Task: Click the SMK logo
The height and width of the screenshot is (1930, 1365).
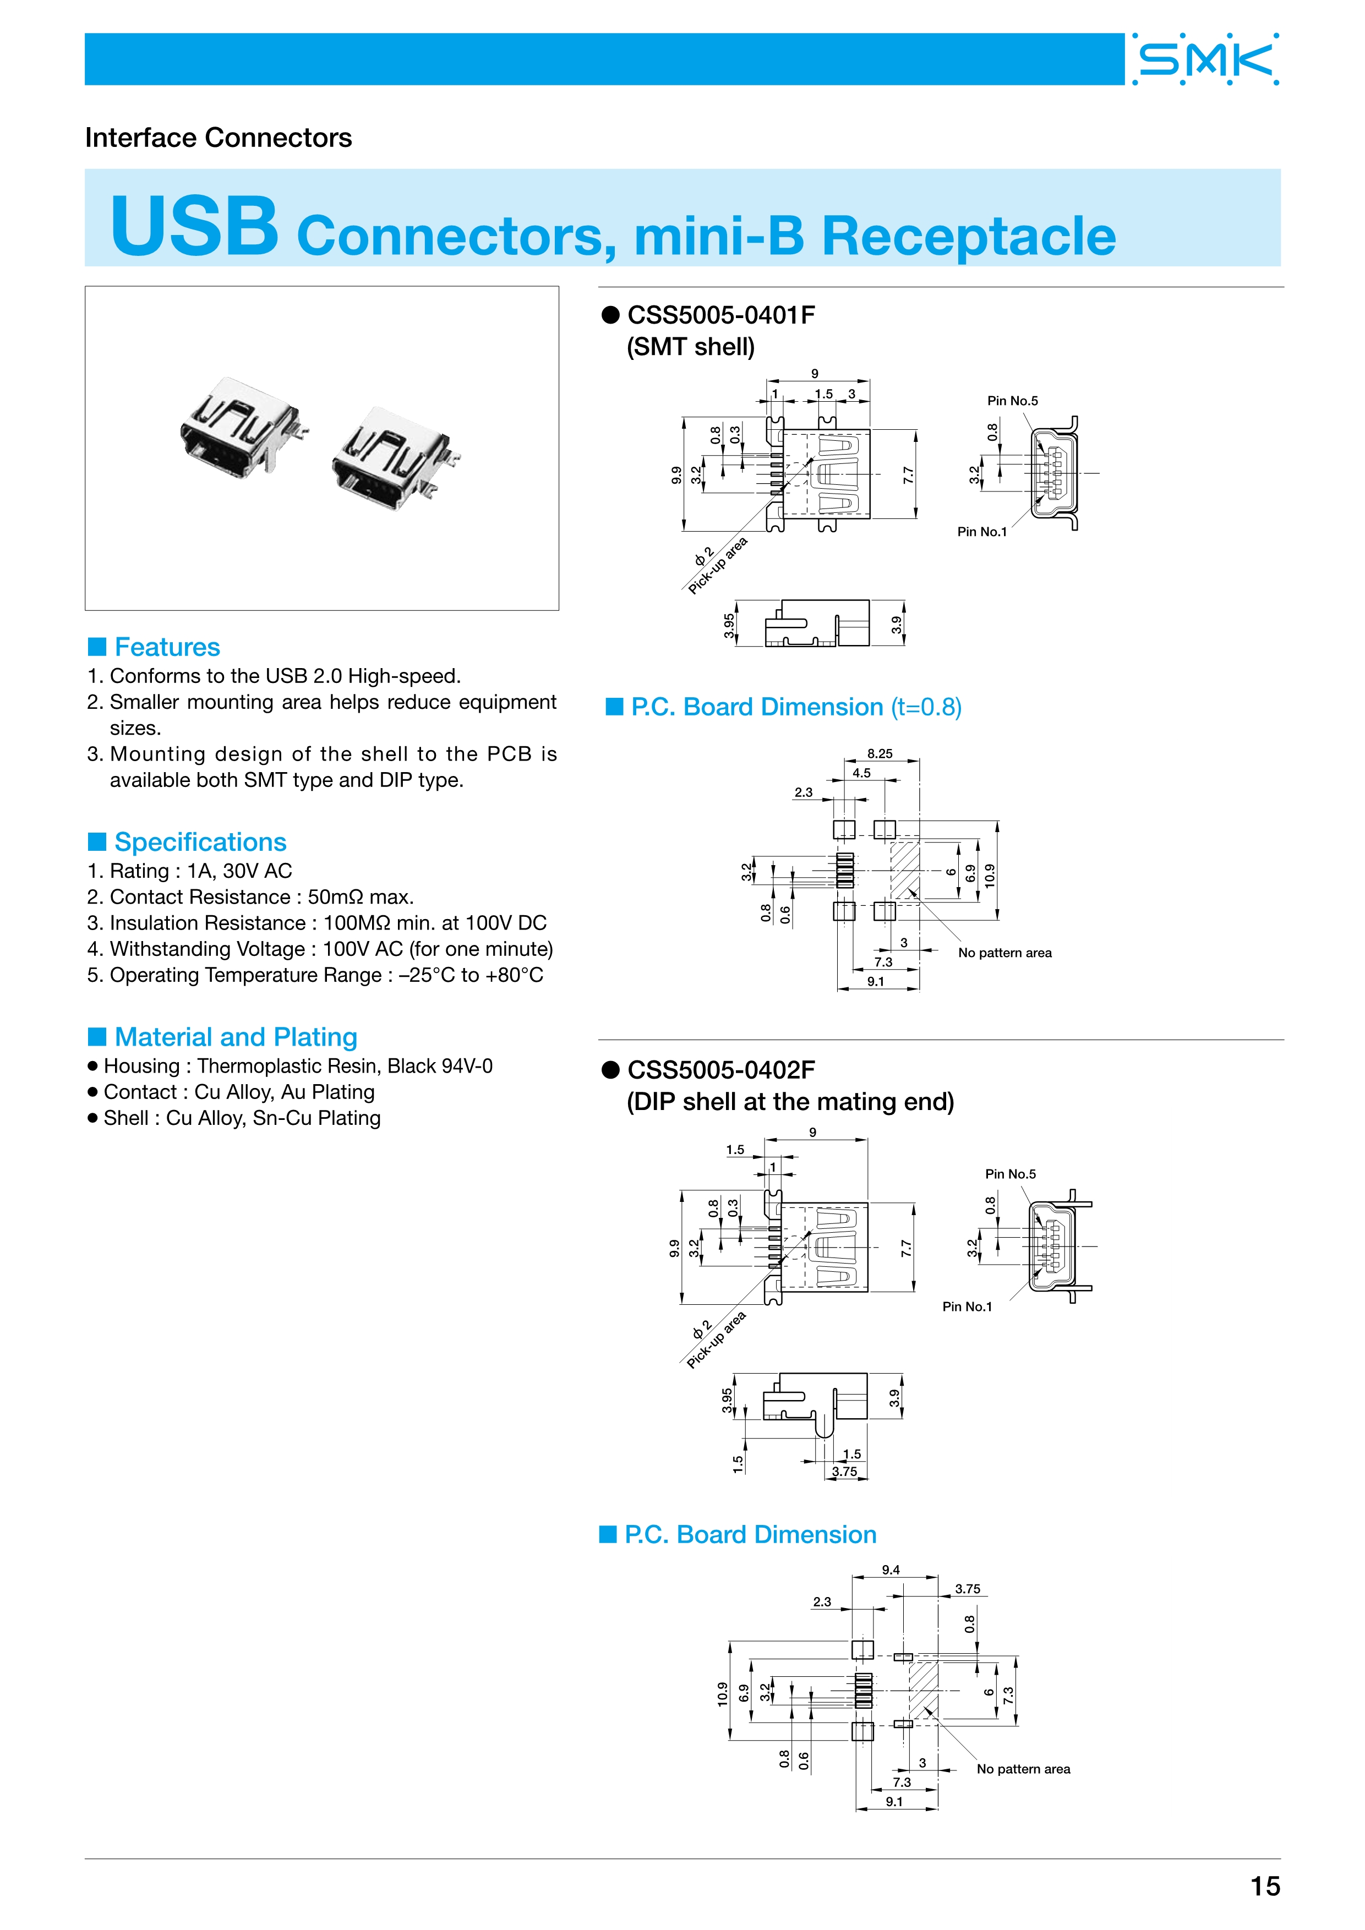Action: tap(1205, 59)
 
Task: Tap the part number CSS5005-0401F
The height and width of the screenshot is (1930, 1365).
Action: tap(721, 315)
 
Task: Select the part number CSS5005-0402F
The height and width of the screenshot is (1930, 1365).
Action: tap(721, 1070)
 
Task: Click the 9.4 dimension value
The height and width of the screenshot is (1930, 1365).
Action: tap(890, 1570)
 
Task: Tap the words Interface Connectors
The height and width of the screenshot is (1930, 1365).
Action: tap(219, 138)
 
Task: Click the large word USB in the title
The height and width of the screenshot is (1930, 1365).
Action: tap(194, 227)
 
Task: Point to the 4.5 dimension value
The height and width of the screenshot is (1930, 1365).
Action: tap(861, 773)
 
